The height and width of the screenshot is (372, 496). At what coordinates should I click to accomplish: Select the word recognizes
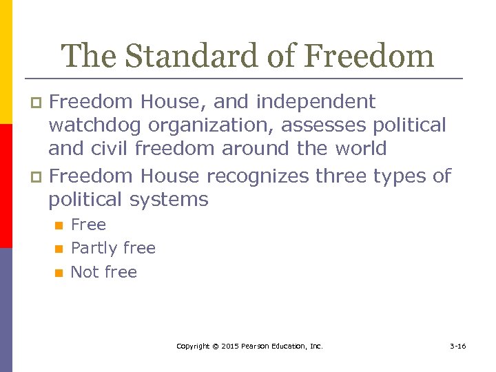(x=258, y=176)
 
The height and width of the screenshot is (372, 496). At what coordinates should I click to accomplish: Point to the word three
(x=340, y=176)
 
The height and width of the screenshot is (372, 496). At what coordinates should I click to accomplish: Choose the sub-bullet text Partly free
(x=113, y=248)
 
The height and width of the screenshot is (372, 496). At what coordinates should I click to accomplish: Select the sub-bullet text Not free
(x=104, y=272)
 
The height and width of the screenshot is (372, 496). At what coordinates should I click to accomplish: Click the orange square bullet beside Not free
(x=59, y=273)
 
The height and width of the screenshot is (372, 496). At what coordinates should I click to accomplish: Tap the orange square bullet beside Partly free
(x=59, y=249)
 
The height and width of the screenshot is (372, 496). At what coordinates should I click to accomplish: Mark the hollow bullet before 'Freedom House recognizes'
(x=38, y=177)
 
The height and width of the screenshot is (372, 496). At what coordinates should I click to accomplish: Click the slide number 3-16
(x=458, y=346)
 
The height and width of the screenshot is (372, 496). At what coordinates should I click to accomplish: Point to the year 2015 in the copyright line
(x=231, y=346)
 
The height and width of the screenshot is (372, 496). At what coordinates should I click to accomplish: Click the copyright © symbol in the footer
(x=215, y=346)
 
